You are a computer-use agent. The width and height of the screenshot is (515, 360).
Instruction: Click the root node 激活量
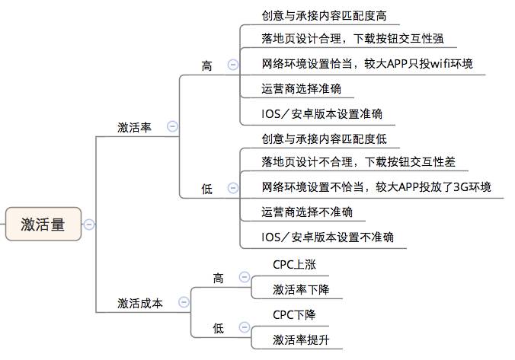click(43, 224)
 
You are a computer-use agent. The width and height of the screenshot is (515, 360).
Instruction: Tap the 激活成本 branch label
click(140, 303)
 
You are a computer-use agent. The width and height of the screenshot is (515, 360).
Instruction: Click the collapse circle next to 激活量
click(90, 224)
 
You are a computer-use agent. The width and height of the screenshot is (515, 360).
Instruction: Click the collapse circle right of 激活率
click(172, 127)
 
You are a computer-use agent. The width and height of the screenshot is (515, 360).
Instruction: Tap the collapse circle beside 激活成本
click(184, 303)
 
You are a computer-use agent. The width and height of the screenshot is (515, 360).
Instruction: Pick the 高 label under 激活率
click(207, 66)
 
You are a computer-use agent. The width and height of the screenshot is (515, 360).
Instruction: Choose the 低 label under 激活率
click(207, 190)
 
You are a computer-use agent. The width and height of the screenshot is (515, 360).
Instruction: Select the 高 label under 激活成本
click(219, 278)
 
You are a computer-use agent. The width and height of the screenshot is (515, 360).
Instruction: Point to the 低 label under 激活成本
click(219, 328)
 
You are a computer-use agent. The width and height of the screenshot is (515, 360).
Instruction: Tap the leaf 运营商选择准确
click(301, 88)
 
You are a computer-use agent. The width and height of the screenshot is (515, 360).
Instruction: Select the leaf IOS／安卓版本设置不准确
click(328, 237)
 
